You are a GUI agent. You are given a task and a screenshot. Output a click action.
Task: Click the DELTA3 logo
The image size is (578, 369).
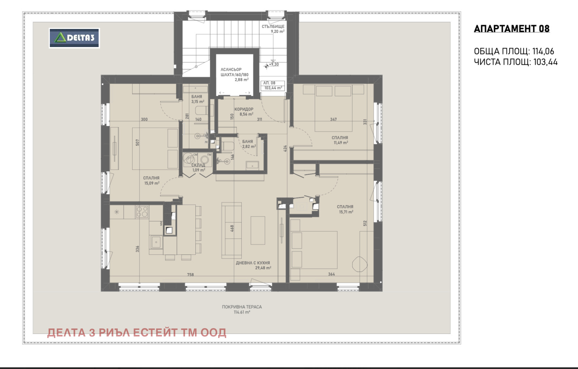coord(74,38)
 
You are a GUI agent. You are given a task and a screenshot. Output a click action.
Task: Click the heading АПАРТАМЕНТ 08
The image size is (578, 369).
coord(512,29)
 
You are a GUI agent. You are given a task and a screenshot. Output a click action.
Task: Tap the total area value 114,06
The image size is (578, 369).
coord(543,51)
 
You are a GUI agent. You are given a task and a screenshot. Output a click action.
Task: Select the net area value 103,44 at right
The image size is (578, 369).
coord(545,62)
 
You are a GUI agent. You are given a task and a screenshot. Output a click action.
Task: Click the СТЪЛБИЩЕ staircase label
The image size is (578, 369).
coord(273,26)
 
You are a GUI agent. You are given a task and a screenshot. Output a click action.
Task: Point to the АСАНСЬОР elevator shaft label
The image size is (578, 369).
coord(231,69)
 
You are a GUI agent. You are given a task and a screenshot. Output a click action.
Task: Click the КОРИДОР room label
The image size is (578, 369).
coord(244,109)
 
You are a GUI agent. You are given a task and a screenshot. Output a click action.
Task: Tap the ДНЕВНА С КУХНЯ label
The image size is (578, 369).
coord(253,263)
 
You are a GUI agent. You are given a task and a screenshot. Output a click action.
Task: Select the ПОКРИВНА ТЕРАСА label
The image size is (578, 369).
coord(242,307)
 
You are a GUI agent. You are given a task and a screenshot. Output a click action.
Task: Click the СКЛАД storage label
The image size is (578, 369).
coord(198,165)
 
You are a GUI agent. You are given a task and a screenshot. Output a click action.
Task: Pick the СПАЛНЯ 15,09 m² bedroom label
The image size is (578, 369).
coord(151,178)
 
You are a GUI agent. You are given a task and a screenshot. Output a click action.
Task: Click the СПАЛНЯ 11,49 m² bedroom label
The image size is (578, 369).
coord(340,138)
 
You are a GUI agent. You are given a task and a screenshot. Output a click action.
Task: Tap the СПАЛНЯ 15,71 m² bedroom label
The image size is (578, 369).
coord(345,207)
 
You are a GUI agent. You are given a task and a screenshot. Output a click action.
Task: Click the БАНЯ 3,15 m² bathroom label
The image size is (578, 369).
coord(197,97)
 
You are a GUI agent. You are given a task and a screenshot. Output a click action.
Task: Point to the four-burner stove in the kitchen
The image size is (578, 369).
coord(142,212)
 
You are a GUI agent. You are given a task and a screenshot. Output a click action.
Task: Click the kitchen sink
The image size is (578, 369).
coord(156,241)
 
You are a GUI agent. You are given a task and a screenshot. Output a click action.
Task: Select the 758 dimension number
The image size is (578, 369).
coord(190,275)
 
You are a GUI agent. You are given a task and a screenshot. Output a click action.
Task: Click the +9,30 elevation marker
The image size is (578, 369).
coord(273,64)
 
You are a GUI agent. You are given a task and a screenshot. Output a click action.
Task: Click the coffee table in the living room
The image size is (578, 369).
coord(258,230)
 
